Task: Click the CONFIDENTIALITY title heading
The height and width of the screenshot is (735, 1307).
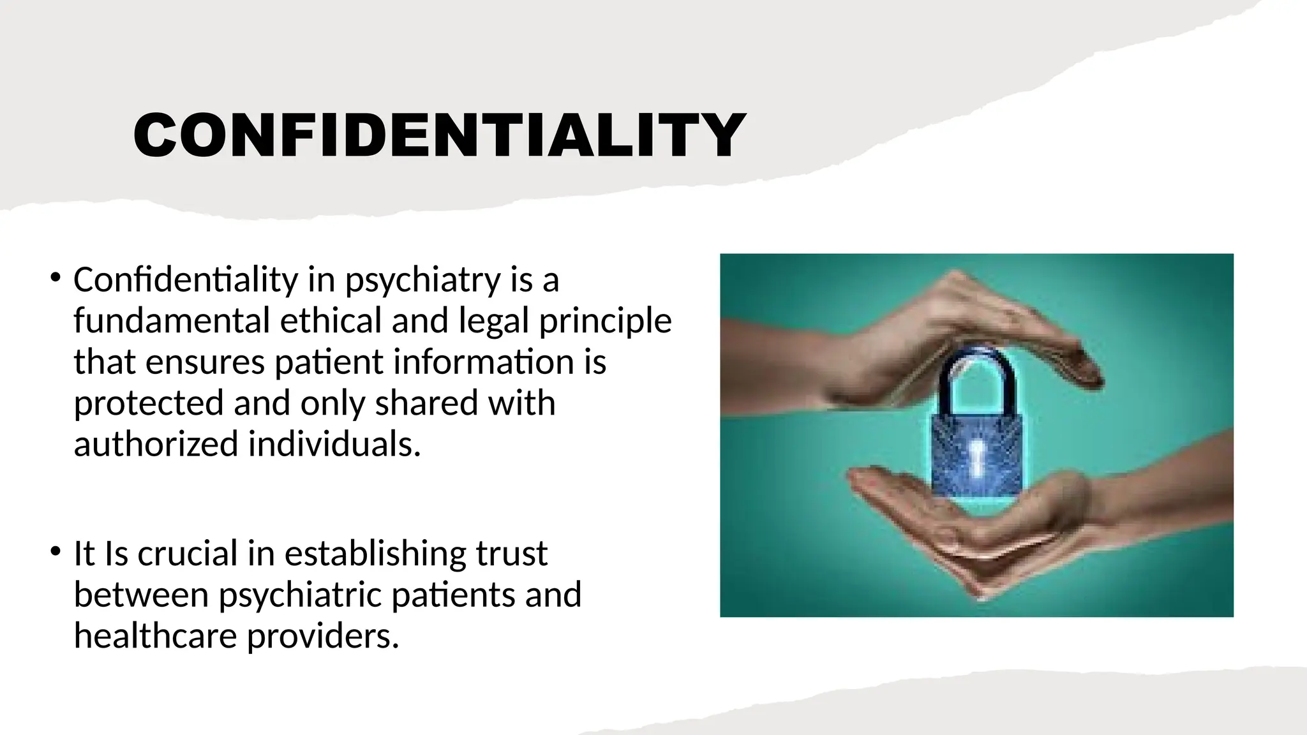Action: tap(439, 135)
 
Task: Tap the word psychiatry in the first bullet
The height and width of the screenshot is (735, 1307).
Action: tap(422, 280)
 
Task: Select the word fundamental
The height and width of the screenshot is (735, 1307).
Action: tap(172, 320)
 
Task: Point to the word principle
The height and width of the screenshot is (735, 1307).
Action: tap(605, 322)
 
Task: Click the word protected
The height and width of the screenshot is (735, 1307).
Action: tap(148, 403)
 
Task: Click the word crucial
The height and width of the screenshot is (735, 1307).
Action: tap(187, 553)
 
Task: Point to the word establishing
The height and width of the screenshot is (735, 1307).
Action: tap(375, 554)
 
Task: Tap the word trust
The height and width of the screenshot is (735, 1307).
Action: tap(511, 554)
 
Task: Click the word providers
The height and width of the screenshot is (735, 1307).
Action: tap(322, 637)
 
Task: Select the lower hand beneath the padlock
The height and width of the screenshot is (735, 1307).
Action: tap(996, 530)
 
